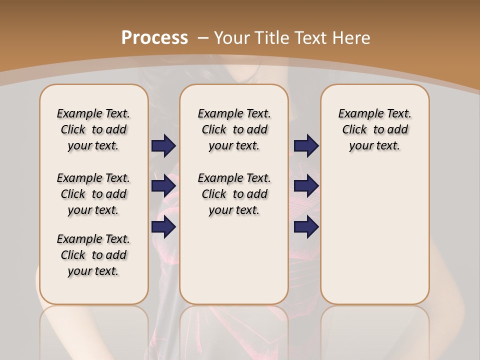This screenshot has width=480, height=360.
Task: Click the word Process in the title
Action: tap(154, 37)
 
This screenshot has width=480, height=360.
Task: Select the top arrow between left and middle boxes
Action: tap(163, 145)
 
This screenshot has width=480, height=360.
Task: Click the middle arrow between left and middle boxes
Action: tap(163, 186)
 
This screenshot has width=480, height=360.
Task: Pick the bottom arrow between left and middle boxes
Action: tap(163, 227)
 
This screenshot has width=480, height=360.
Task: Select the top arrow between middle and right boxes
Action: tap(306, 145)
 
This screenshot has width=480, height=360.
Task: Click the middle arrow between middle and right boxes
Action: tap(306, 186)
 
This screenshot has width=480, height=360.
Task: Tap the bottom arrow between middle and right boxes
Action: tap(306, 227)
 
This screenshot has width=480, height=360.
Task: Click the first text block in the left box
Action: tap(93, 129)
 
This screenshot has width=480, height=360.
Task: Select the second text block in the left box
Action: tap(93, 194)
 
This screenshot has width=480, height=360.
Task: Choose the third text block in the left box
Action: tap(93, 255)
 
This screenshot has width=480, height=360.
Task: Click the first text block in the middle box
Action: tap(234, 129)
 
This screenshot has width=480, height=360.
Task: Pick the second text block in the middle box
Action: tap(234, 194)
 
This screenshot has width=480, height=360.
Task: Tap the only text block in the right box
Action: tap(374, 129)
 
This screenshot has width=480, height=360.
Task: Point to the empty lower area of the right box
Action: tap(374, 235)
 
